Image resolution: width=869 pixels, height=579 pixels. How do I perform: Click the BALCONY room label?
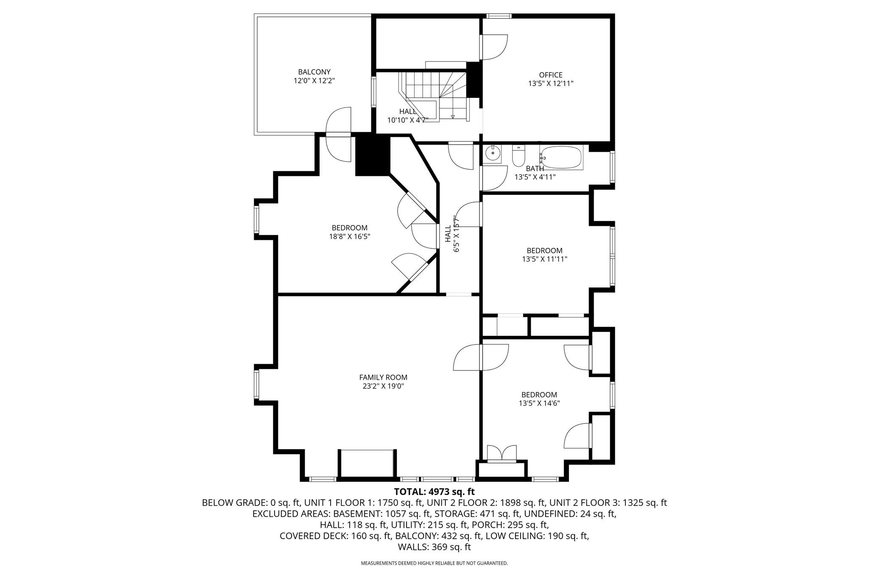314,72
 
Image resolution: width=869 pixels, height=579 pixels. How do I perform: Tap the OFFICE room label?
551,75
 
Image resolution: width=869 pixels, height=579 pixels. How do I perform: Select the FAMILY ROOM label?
383,377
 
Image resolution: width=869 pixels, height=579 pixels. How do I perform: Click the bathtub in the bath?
561,158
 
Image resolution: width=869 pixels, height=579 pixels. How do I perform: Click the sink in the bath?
493,154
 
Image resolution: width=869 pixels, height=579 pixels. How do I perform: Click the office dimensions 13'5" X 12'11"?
551,84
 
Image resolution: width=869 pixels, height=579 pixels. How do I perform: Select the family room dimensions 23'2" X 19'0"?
383,386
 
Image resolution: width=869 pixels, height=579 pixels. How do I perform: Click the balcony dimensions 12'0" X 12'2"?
314,81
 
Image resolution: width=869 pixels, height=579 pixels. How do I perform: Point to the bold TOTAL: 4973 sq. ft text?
434,492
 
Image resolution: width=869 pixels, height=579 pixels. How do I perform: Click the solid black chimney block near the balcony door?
372,154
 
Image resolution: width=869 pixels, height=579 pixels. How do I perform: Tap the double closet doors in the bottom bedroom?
502,453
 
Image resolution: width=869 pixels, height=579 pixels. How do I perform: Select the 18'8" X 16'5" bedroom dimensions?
350,237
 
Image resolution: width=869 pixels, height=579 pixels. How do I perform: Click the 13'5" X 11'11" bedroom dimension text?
544,259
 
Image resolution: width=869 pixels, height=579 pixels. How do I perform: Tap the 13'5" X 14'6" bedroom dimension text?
539,404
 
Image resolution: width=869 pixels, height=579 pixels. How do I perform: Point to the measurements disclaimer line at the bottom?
434,563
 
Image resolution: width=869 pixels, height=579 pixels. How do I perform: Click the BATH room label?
535,169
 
